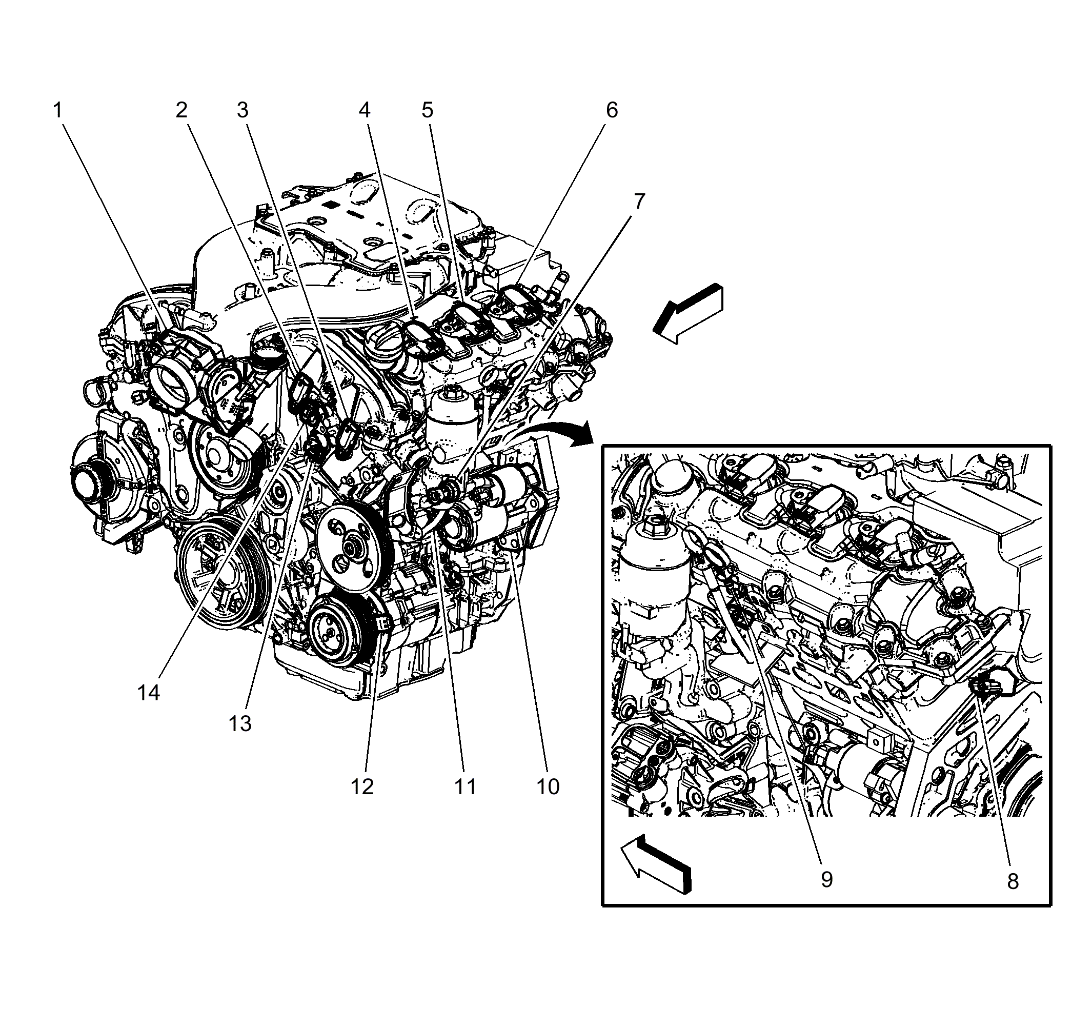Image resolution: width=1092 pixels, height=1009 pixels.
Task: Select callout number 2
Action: pyautogui.click(x=181, y=111)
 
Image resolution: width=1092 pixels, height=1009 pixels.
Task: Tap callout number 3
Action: pyautogui.click(x=242, y=111)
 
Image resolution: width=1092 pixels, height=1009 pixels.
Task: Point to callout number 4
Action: pyautogui.click(x=364, y=111)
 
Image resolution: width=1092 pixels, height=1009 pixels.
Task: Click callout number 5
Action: pyautogui.click(x=427, y=111)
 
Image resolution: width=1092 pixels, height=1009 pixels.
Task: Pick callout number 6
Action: pyautogui.click(x=612, y=111)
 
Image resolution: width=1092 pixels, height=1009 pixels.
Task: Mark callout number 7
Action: pyautogui.click(x=639, y=201)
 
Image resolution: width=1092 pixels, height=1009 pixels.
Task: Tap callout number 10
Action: pyautogui.click(x=548, y=787)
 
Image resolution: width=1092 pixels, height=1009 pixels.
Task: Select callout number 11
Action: pyautogui.click(x=465, y=787)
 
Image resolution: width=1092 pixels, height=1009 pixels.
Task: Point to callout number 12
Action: pyautogui.click(x=362, y=787)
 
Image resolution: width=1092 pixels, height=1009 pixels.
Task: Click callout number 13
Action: pyautogui.click(x=240, y=724)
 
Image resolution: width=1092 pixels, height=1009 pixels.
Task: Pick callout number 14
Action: pyautogui.click(x=149, y=693)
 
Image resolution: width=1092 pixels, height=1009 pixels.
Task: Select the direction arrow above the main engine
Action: pyautogui.click(x=689, y=314)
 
